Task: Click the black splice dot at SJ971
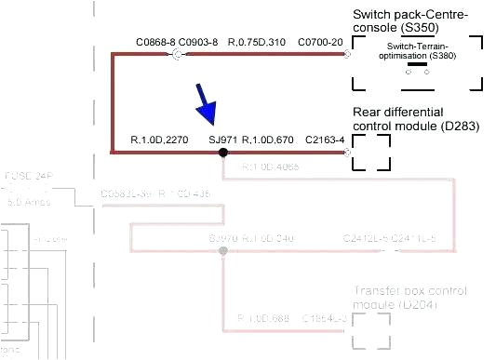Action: [222, 152]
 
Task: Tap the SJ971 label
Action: [223, 139]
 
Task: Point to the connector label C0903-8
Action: [197, 42]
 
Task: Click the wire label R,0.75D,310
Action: [258, 42]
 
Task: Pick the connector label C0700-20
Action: [320, 42]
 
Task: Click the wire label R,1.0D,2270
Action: [141, 139]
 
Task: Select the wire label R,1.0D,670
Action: [268, 139]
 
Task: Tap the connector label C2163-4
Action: [325, 139]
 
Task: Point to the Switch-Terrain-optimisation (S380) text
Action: [415, 52]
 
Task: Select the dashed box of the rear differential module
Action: [370, 152]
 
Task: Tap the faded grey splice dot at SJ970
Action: [222, 251]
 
